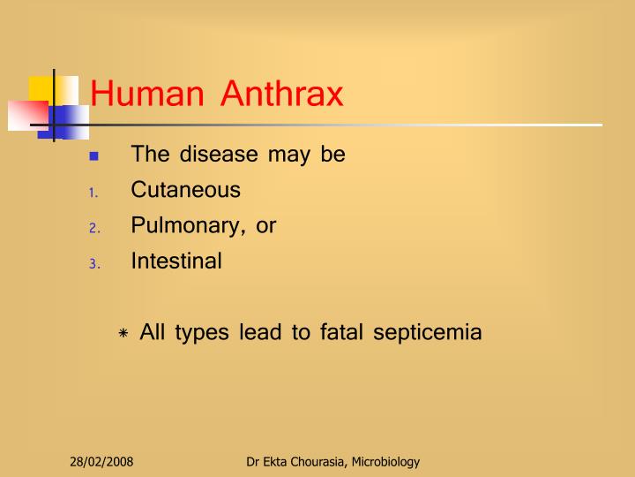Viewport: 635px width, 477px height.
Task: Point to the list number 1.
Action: click(93, 192)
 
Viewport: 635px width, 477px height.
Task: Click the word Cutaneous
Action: click(185, 190)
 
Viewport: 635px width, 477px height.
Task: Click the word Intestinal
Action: click(176, 261)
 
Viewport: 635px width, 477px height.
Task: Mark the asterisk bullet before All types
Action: click(123, 334)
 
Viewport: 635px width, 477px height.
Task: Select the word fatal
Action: click(340, 333)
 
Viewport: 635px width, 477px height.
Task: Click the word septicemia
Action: click(427, 334)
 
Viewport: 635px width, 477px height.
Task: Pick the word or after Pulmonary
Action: click(265, 226)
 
